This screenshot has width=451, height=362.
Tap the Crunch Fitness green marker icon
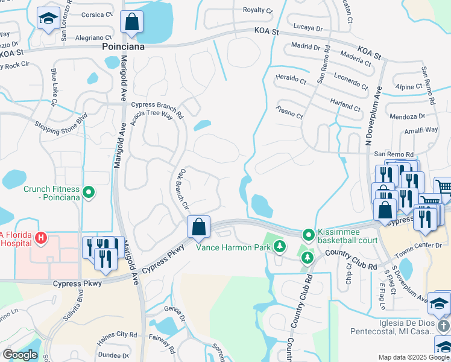89,193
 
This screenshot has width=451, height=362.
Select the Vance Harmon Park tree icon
279,246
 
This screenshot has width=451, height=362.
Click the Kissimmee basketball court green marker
308,234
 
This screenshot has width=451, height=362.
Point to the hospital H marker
40,238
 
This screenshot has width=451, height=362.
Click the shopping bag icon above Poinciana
132,22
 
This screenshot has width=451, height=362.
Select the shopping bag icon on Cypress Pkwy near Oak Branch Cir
198,227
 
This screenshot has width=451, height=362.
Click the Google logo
19,355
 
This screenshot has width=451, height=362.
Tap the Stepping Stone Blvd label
61,122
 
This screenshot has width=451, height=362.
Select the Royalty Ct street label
257,10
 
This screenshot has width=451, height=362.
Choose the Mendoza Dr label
408,116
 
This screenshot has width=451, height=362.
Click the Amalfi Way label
421,130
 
